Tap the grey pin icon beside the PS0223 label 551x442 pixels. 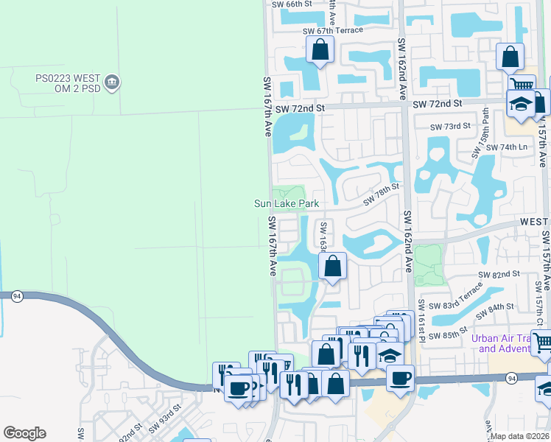112,81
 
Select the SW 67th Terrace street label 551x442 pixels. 333,30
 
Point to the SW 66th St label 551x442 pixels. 292,4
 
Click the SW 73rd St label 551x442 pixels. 451,126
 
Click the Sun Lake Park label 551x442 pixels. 286,204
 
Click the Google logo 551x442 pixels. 24,433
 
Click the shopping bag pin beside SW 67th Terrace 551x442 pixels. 320,51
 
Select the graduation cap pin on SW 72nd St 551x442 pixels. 521,105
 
